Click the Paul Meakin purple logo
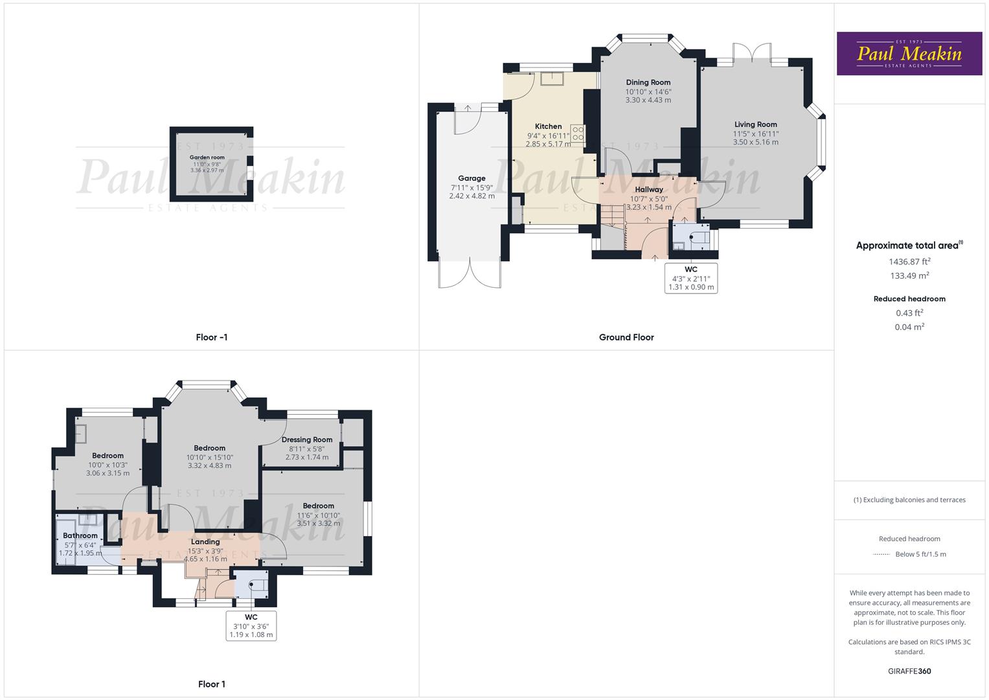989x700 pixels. [x=909, y=53]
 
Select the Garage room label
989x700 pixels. [x=472, y=178]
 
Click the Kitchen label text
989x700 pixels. [x=548, y=126]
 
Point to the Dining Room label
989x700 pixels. [x=648, y=82]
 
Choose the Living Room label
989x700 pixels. [x=755, y=124]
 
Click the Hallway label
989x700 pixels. [x=648, y=189]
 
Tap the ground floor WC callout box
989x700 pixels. [x=691, y=278]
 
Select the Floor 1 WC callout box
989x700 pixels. [x=251, y=625]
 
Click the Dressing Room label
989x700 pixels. [x=307, y=439]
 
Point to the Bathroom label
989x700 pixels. [x=80, y=535]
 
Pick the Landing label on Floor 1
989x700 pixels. [x=205, y=541]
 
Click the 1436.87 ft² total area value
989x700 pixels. [x=909, y=262]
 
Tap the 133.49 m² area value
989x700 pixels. [x=909, y=275]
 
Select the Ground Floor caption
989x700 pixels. [x=626, y=337]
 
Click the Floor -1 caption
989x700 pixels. [x=212, y=337]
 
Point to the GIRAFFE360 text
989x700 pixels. [x=909, y=671]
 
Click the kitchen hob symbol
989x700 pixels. [x=578, y=134]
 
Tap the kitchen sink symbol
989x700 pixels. [x=552, y=78]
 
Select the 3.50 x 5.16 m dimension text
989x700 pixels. [x=755, y=142]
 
